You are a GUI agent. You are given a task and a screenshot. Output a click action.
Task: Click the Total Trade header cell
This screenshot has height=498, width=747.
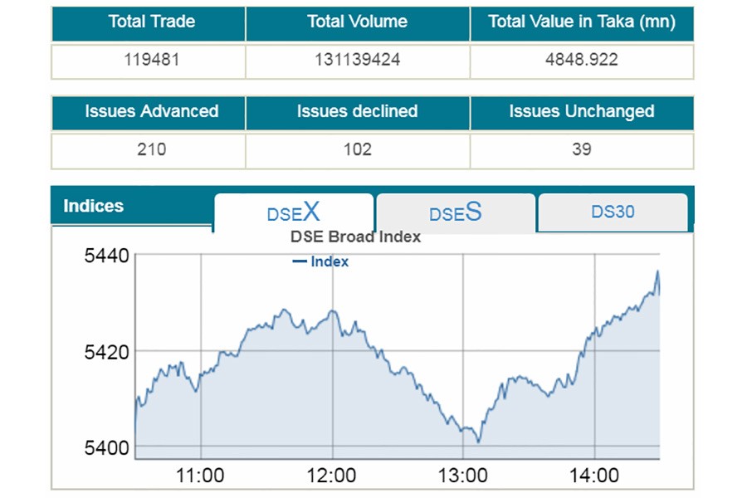[x=150, y=22]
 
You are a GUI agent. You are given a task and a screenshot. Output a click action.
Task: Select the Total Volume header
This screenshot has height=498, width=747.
[x=357, y=22]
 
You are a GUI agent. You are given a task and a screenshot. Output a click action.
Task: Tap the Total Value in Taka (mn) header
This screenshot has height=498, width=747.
[x=581, y=22]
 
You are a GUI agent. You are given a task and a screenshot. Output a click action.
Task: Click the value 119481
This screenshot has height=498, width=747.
[x=150, y=60]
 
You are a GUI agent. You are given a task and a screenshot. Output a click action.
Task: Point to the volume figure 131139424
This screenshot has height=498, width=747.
[x=357, y=60]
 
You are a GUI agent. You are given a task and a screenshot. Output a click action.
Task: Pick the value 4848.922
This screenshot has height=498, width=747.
[x=581, y=60]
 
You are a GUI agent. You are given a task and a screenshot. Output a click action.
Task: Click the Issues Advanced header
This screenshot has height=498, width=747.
[x=151, y=111]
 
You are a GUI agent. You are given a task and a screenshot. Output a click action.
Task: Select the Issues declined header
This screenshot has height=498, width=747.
[x=357, y=111]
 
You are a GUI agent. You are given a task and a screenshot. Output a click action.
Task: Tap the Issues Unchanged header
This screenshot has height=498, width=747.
[x=581, y=111]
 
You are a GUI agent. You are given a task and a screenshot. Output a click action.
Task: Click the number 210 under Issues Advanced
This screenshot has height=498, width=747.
[x=151, y=149]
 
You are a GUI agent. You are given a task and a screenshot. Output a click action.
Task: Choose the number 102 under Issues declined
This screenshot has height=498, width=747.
[x=357, y=149]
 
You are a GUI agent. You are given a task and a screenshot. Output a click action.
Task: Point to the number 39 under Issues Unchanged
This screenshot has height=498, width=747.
[x=581, y=149]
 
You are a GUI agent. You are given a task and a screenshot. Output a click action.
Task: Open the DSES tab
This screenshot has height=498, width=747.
[x=455, y=212]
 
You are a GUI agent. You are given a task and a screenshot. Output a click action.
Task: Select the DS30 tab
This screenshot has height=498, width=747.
[x=613, y=212]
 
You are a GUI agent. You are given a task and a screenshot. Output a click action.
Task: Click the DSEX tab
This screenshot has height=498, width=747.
[x=293, y=212]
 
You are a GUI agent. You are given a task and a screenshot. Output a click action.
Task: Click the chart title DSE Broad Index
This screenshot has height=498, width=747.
[x=355, y=237]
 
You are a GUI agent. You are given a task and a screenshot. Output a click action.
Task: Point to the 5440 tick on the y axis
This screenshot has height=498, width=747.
[x=107, y=256]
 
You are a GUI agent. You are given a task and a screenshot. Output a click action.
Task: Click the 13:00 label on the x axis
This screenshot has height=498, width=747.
[x=462, y=476]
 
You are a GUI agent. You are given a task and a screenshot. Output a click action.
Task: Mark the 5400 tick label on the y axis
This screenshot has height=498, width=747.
[x=107, y=448]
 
